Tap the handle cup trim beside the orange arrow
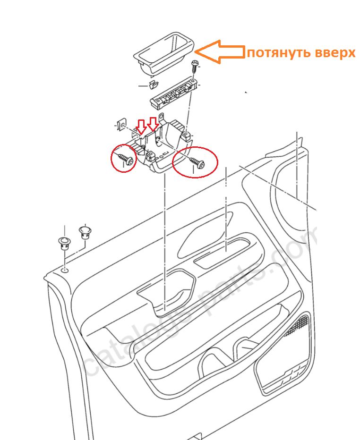pos(163,53)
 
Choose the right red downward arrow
pos(153,125)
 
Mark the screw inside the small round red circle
pos(126,158)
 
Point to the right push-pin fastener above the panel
pos(85,232)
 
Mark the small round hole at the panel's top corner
pos(65,271)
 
